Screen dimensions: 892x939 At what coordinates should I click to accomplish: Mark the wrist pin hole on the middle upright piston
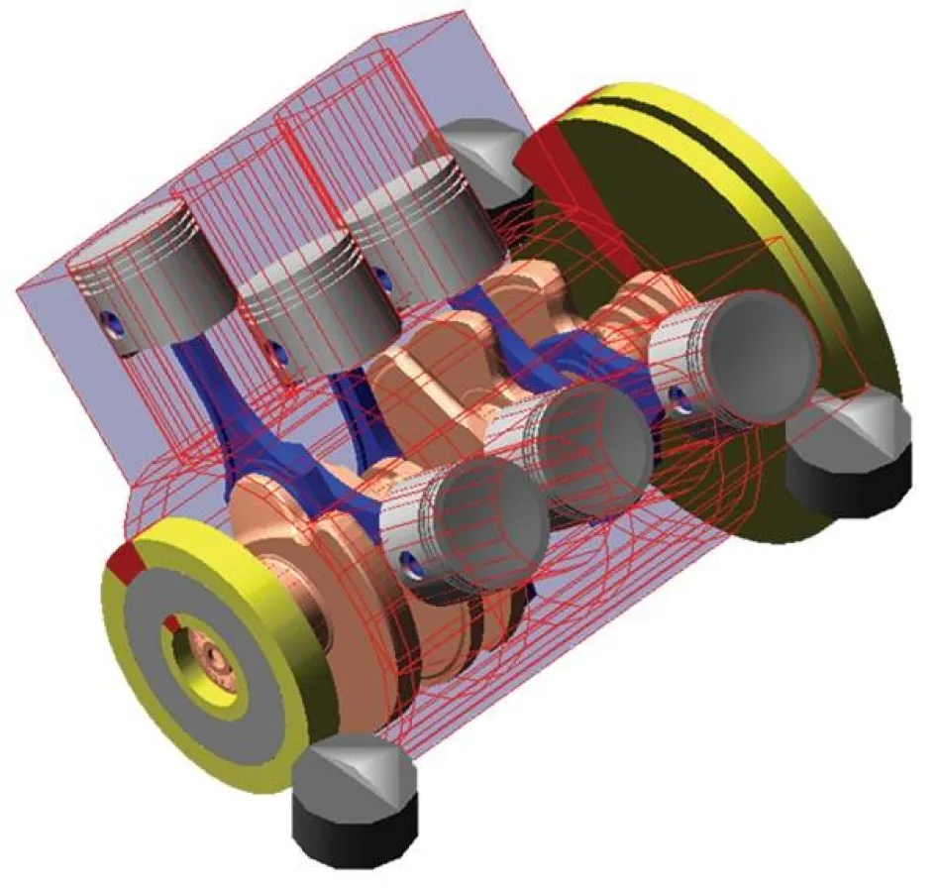click(278, 352)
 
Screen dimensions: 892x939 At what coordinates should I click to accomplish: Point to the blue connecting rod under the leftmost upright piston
click(213, 396)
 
